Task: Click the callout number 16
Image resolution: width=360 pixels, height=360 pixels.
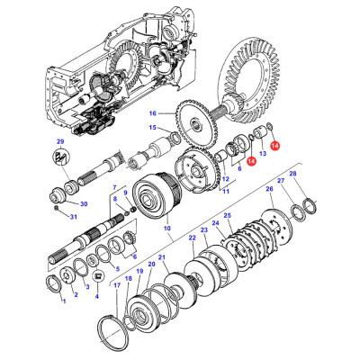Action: (153, 113)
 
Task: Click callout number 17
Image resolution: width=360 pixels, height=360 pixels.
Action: (117, 285)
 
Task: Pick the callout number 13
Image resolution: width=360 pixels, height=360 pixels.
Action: (264, 155)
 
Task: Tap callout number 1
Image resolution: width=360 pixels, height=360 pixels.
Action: (64, 301)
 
